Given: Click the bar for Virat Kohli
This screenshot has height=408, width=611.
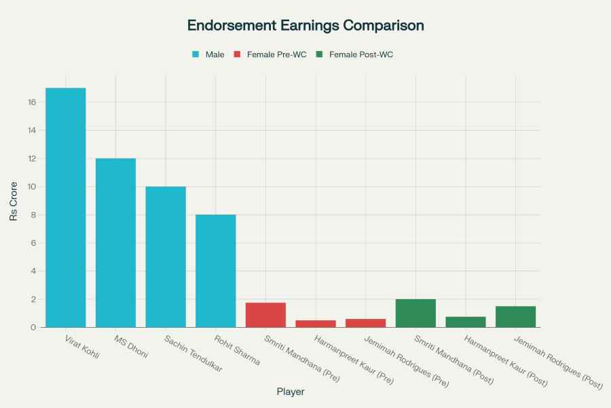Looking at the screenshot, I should coord(66,207).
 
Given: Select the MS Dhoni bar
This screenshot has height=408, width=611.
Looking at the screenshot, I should coord(115,243).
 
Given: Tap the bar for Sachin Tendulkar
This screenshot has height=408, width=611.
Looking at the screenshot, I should coord(166,257).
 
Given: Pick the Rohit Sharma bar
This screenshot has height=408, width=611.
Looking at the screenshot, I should coord(216,271).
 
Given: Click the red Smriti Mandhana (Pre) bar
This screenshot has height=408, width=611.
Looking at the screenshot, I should coord(265,315).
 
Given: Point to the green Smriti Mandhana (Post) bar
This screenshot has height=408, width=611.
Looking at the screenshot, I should coord(415,313).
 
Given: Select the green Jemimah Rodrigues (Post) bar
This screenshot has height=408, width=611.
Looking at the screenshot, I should coord(515,317).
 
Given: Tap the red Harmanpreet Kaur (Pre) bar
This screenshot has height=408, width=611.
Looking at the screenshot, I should coord(316,324).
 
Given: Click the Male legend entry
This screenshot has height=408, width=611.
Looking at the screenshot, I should coord(208,54).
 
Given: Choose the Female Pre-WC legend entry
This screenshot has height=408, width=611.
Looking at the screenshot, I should coord(270,54).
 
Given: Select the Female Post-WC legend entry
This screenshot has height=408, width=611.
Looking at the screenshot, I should coord(354,54).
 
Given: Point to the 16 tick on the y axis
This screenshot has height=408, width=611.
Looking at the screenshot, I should coord(31,102).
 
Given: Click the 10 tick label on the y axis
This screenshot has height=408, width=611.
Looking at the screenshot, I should coord(31,187).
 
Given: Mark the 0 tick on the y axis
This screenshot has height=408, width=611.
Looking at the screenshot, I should coord(33,328).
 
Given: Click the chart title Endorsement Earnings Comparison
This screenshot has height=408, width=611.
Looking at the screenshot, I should coord(305,26).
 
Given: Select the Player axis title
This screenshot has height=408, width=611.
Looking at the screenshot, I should coord(291,392).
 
